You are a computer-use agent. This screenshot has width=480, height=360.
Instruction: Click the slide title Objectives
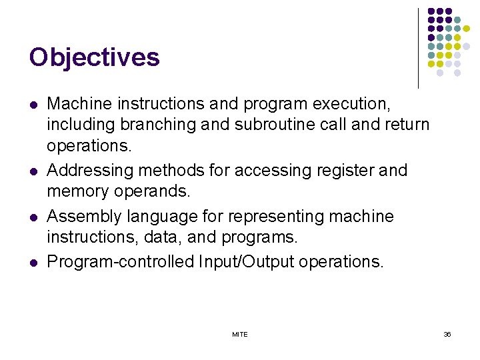point(94,57)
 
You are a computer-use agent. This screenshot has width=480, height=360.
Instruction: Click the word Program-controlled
point(121,262)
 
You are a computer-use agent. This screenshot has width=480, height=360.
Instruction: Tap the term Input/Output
point(247,262)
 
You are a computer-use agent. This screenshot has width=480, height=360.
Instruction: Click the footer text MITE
point(240,334)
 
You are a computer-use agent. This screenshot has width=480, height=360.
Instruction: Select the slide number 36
point(447,334)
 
